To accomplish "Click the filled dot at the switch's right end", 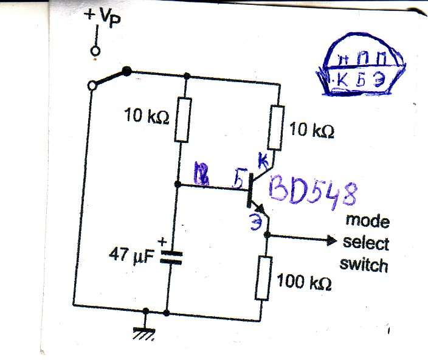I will (x=126, y=71).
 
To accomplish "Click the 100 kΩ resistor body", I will (x=263, y=278).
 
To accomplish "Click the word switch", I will (x=364, y=265).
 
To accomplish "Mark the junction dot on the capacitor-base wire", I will (x=176, y=184).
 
